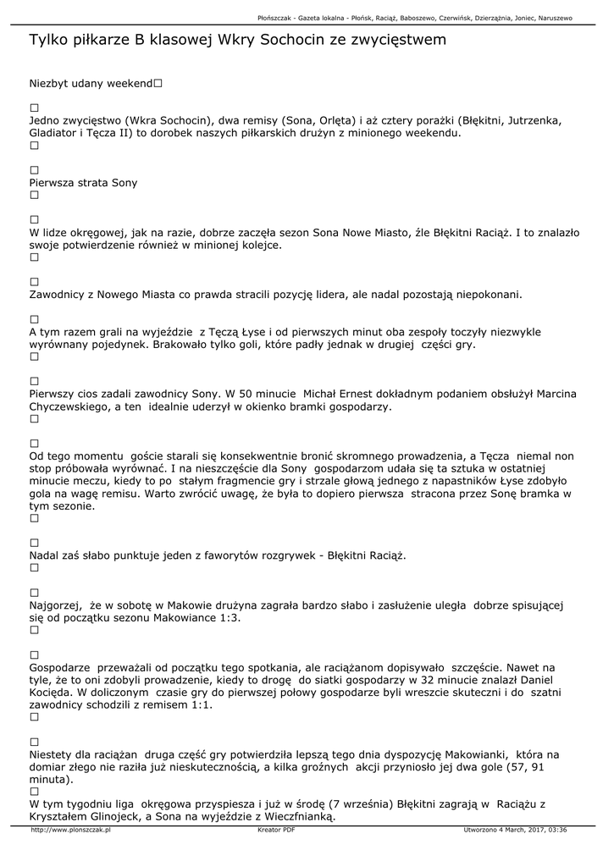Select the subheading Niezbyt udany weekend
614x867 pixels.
(91, 84)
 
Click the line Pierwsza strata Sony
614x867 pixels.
(83, 182)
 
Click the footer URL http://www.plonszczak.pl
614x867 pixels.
(71, 830)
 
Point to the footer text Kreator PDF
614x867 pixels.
(276, 830)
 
